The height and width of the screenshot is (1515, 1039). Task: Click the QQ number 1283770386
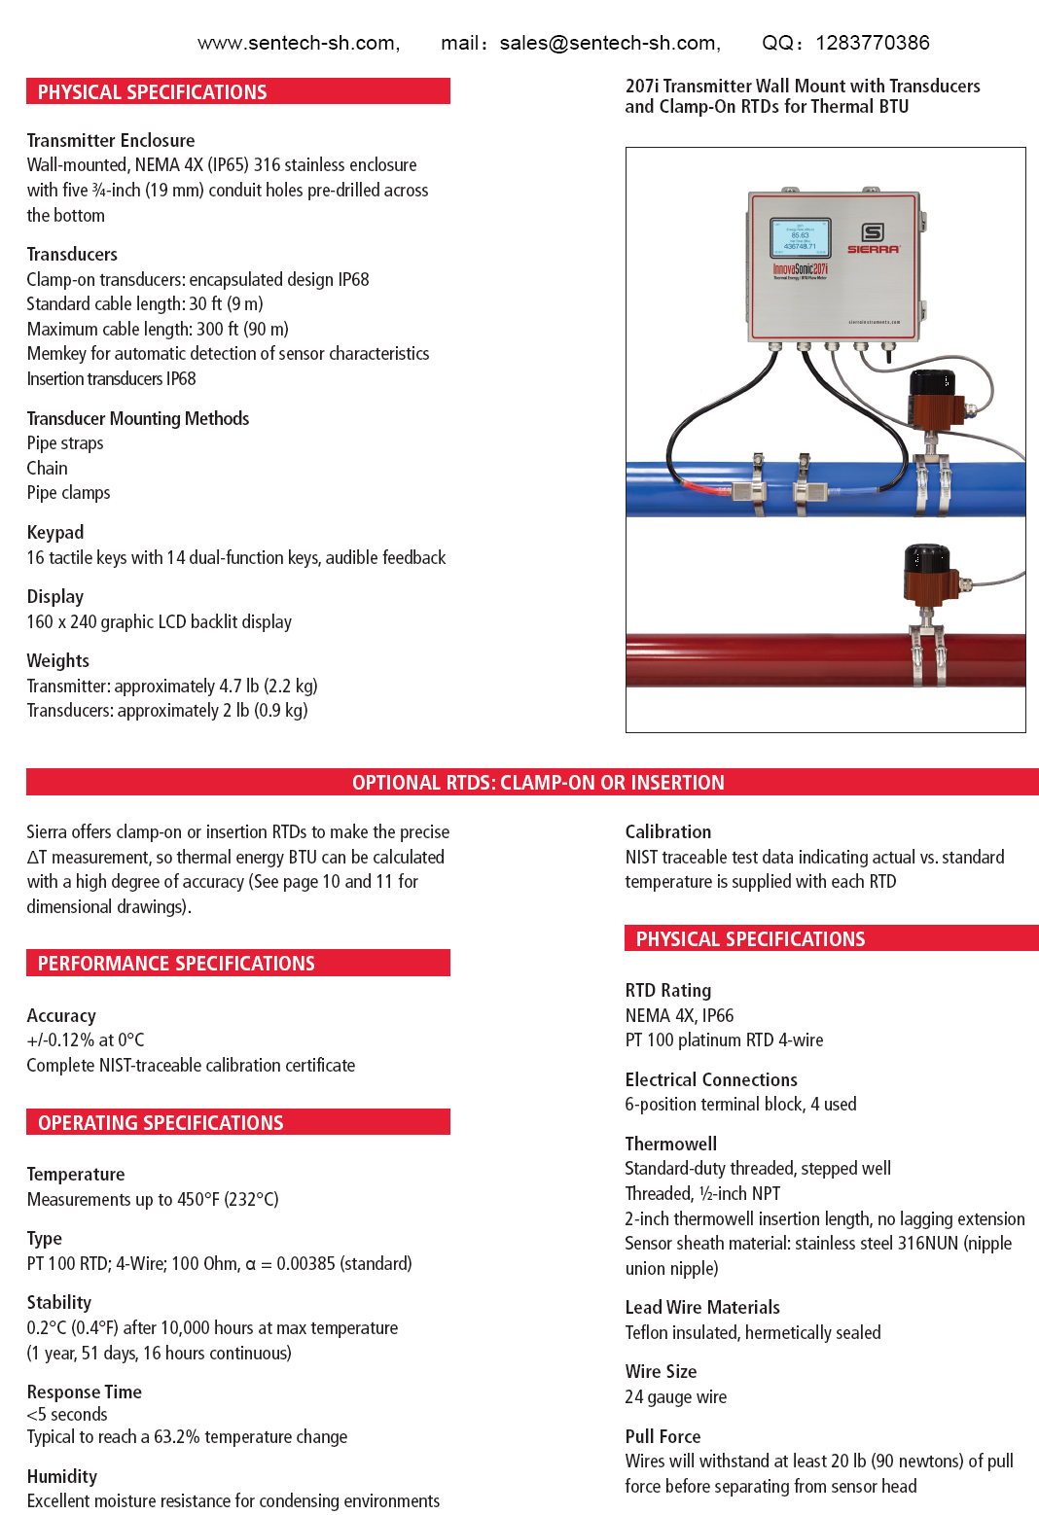pos(873,43)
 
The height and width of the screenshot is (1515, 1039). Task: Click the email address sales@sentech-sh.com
pos(609,43)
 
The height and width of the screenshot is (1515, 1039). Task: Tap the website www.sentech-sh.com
pos(298,43)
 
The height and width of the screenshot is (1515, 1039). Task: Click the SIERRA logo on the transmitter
pos(873,238)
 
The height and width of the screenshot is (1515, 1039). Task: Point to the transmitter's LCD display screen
pos(800,237)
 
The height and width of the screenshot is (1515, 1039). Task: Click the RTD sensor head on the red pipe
pos(928,575)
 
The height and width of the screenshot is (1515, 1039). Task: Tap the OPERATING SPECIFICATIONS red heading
pos(161,1122)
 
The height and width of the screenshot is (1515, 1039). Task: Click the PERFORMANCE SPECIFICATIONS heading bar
pos(176,963)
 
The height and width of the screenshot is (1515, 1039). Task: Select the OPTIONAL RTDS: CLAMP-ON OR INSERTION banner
pos(537,782)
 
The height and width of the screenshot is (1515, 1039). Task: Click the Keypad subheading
pos(55,532)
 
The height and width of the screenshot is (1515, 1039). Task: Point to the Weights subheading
pos(58,660)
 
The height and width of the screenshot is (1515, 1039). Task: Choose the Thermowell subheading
pos(670,1144)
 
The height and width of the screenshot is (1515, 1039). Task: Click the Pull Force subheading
pos(663,1436)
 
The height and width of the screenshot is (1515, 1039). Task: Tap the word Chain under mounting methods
pos(48,468)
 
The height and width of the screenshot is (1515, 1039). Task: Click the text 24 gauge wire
pos(675,1396)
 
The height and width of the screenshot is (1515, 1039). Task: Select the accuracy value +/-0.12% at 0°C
pos(86,1039)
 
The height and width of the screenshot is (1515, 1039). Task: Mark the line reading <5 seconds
pos(67,1414)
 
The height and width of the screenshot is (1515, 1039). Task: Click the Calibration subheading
pos(667,831)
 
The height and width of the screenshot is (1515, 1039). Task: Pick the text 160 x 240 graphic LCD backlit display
pos(160,621)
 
